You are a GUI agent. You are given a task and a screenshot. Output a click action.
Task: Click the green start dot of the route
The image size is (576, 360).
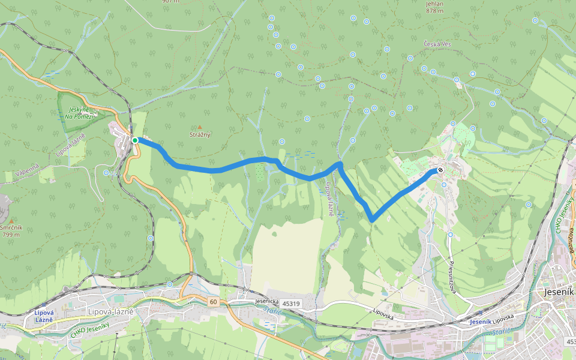136,140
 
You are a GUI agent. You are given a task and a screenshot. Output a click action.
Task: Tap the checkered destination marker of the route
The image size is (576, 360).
441,170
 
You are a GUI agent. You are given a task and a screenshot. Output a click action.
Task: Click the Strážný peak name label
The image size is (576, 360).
200,135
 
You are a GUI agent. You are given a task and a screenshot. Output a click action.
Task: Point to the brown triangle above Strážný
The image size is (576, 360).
200,127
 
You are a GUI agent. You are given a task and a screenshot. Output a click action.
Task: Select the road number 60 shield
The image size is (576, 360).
214,301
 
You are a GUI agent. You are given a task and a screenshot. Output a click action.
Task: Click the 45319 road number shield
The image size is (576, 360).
290,304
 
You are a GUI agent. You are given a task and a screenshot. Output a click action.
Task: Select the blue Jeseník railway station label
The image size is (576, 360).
481,322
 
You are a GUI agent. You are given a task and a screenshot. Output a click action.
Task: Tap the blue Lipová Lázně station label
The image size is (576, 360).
44,316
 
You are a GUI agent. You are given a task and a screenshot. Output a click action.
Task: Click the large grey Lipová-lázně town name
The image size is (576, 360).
110,311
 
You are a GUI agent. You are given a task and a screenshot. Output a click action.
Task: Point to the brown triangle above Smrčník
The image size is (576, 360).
11,221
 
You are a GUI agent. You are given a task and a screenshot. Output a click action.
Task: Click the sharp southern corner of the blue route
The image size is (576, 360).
373,220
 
